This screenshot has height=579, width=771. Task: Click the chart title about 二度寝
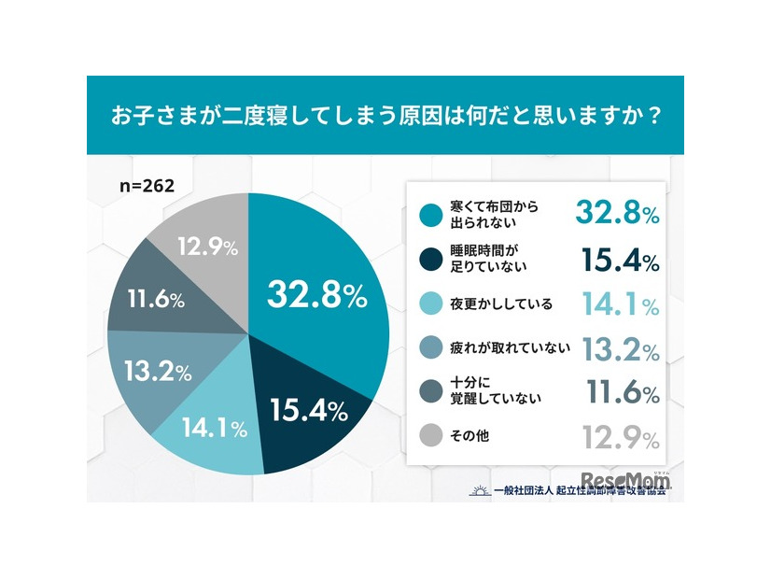tap(385, 117)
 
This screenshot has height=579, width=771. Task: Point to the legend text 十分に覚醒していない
tap(491, 393)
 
